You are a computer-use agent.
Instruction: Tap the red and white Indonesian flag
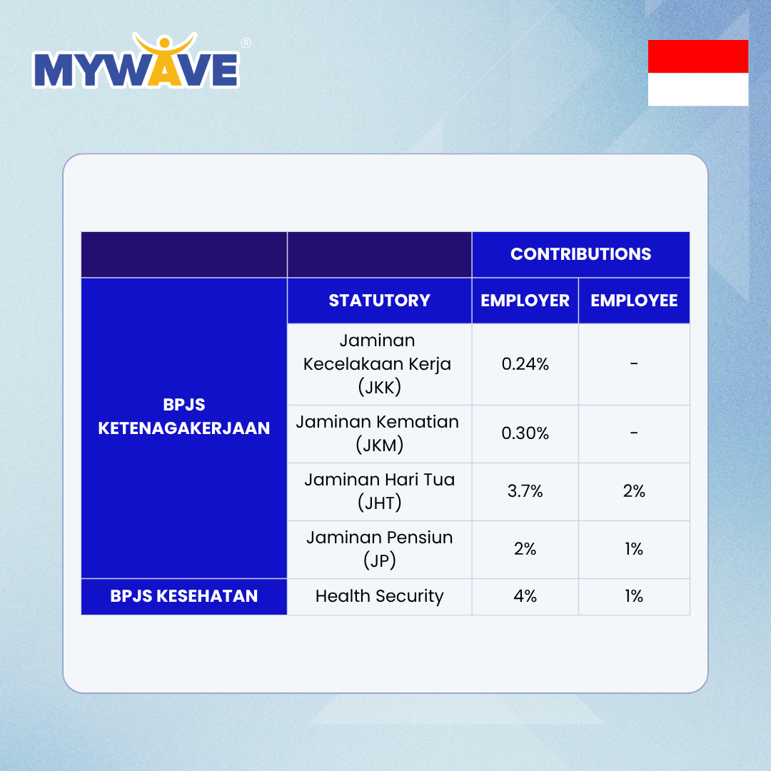click(x=697, y=73)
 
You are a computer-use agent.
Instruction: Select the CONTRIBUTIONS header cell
click(x=580, y=254)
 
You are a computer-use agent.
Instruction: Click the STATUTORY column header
click(x=379, y=301)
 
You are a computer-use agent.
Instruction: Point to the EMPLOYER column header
click(x=525, y=301)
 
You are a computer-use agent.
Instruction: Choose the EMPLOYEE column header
click(x=634, y=301)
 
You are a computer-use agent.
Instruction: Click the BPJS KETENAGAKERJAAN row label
click(x=184, y=416)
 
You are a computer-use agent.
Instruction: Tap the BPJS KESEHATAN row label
click(x=184, y=596)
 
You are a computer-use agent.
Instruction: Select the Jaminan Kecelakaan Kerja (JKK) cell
click(x=379, y=364)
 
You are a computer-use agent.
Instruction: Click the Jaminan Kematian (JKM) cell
click(x=379, y=434)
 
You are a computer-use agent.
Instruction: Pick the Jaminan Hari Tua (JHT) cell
click(x=379, y=491)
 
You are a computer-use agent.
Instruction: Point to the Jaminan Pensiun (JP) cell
click(x=379, y=549)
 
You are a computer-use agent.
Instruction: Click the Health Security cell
click(x=379, y=596)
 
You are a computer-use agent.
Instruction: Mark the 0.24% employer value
click(x=525, y=364)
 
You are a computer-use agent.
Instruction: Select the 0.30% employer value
click(x=525, y=433)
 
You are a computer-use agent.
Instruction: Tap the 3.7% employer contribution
click(x=525, y=490)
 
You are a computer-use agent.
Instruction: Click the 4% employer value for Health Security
click(x=525, y=596)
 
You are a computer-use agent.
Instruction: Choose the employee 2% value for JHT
click(x=634, y=490)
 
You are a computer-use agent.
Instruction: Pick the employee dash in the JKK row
click(x=634, y=364)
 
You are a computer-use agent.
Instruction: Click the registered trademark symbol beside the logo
click(x=246, y=44)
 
